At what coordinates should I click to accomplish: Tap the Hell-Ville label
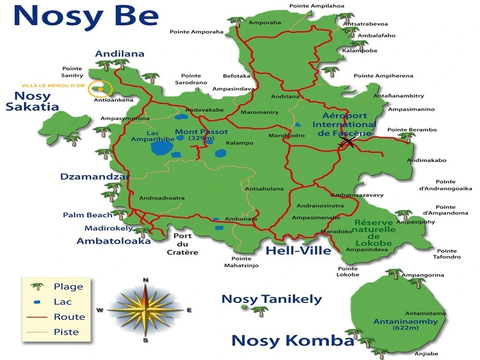coord(298,250)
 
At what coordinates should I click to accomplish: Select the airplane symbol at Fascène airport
coord(347,142)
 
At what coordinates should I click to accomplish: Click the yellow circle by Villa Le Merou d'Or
coord(98,90)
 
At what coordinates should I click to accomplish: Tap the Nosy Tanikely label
coord(272,299)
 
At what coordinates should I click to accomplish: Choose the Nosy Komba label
coord(292,341)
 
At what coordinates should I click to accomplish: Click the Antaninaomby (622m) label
coord(401,325)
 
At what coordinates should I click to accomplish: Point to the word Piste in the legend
coord(66,332)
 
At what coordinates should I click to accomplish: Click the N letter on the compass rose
coord(145,280)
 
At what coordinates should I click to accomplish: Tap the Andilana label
coord(119,53)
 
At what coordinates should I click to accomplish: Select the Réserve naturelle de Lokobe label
coord(374,232)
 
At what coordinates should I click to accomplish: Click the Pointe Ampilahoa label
coord(317,6)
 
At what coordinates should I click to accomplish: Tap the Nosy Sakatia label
coord(32,101)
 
